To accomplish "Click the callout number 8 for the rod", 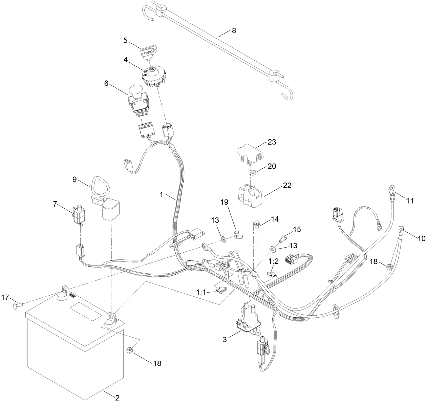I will [x=233, y=30].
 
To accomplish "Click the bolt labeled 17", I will [x=19, y=305].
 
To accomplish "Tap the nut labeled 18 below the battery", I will [x=129, y=350].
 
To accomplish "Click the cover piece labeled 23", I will [x=250, y=151].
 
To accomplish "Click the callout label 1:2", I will [x=273, y=261].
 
